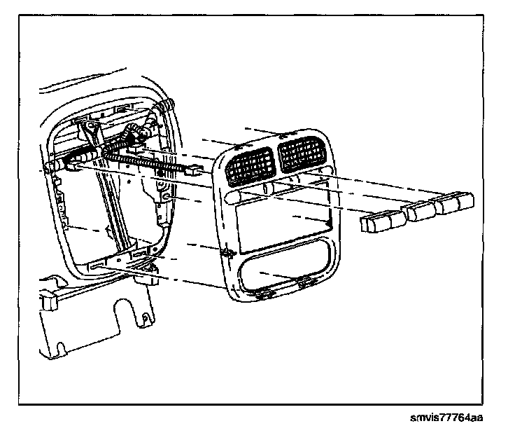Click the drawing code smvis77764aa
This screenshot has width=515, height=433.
(x=447, y=418)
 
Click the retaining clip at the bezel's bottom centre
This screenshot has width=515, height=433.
(x=302, y=284)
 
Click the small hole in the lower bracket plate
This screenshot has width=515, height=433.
(x=145, y=319)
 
